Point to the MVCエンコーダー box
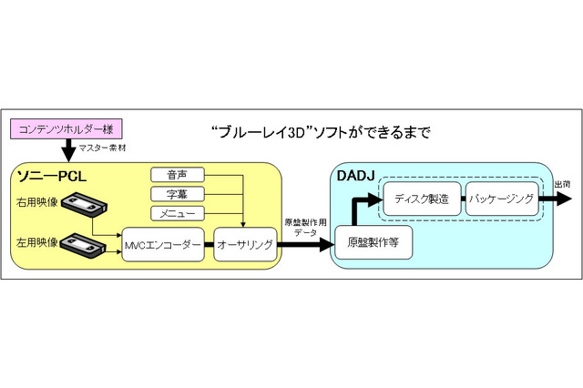click(162, 245)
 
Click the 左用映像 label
click(34, 242)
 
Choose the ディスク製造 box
click(422, 199)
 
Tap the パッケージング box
click(499, 199)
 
